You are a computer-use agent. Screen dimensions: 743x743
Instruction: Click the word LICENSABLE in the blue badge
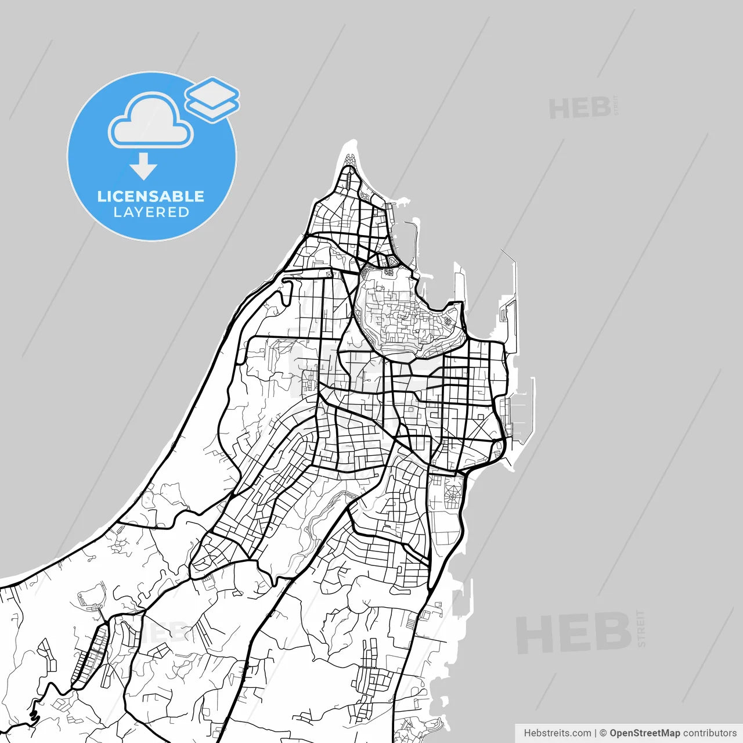pos(151,196)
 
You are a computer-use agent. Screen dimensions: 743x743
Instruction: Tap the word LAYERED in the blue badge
pos(151,212)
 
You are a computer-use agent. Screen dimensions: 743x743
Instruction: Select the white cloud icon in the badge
pos(151,122)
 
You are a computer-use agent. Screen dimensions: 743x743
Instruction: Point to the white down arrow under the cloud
pos(143,166)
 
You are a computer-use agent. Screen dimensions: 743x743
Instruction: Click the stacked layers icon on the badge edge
pos(212,99)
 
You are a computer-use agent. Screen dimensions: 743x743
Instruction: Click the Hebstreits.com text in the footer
pos(557,733)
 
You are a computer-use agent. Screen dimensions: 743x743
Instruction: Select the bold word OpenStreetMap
pos(644,733)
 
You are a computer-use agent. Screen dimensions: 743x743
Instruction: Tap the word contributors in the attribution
pos(709,733)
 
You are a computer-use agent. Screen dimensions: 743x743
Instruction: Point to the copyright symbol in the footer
pos(603,733)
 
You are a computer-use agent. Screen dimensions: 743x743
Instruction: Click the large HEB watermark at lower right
pos(574,633)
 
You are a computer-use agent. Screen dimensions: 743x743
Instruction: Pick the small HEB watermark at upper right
pos(579,109)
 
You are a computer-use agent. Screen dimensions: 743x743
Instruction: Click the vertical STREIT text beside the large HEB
pos(641,628)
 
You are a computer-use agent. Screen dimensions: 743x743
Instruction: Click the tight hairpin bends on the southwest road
pos(33,717)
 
